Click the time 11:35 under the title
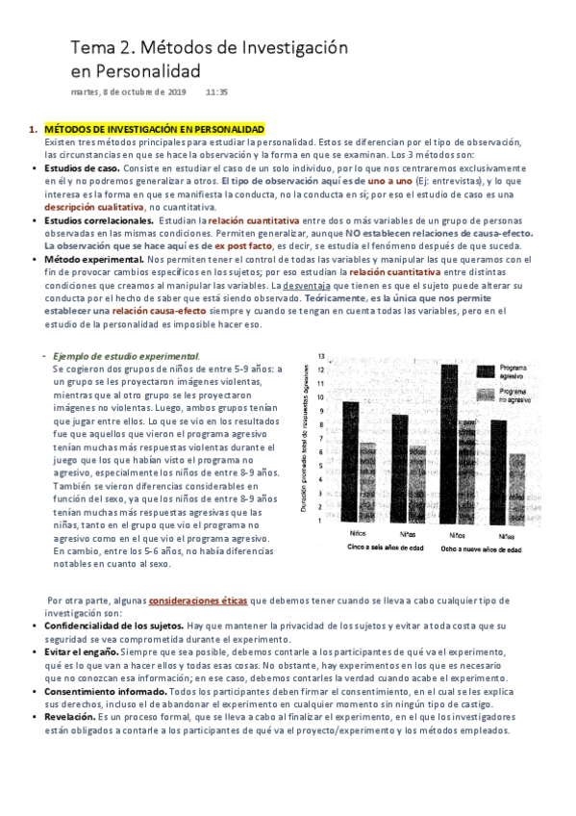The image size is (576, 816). pos(216,92)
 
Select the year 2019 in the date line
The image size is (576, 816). pos(176,92)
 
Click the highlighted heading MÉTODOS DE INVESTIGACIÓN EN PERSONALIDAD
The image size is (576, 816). pos(155,128)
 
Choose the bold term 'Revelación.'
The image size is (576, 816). pos(70,717)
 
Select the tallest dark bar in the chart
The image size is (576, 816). pos(448,443)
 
